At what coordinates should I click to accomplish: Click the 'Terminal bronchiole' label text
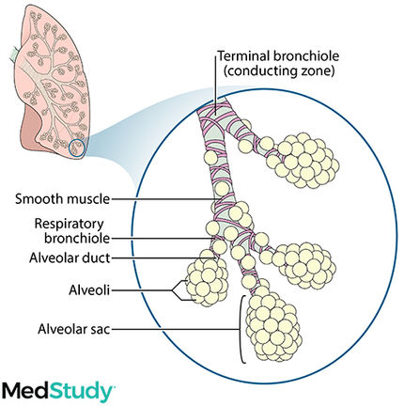pyautogui.click(x=278, y=56)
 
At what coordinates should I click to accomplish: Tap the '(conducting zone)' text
pyautogui.click(x=279, y=70)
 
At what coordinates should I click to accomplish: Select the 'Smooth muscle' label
pyautogui.click(x=63, y=199)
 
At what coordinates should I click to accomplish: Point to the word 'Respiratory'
pyautogui.click(x=69, y=224)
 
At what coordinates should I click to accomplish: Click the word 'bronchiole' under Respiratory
pyautogui.click(x=77, y=239)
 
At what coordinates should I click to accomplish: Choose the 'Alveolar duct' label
pyautogui.click(x=70, y=258)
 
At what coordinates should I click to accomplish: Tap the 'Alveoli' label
pyautogui.click(x=89, y=290)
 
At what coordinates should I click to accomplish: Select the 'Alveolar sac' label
pyautogui.click(x=74, y=329)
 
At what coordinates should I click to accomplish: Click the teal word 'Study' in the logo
pyautogui.click(x=82, y=392)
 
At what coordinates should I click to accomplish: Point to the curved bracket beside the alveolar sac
pyautogui.click(x=241, y=329)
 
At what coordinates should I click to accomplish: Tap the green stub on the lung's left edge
pyautogui.click(x=15, y=54)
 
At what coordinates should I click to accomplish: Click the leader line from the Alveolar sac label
pyautogui.click(x=176, y=329)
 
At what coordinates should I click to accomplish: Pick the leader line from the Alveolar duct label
pyautogui.click(x=163, y=258)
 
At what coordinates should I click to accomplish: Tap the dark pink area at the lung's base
pyautogui.click(x=30, y=125)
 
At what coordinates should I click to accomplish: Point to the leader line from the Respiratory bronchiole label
pyautogui.click(x=163, y=239)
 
